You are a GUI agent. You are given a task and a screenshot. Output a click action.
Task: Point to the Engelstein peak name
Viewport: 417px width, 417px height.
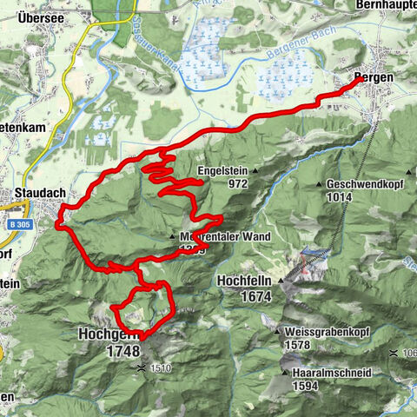pyautogui.click(x=224, y=171)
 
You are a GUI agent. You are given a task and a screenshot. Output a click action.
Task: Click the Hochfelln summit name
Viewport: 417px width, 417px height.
pyautogui.click(x=245, y=282)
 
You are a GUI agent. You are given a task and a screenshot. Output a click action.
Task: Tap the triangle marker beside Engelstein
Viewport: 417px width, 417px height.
pyautogui.click(x=255, y=172)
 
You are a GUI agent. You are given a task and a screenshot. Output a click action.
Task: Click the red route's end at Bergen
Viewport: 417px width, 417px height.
pyautogui.click(x=355, y=82)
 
